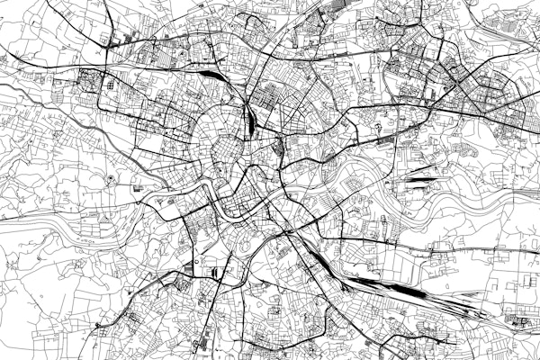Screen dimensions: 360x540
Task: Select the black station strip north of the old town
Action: pyautogui.click(x=251, y=117)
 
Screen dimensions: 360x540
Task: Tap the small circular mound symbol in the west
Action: pyautogui.click(x=111, y=178)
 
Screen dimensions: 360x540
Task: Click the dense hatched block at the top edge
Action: pyautogui.click(x=337, y=9)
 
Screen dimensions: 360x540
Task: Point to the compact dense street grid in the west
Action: pyautogui.click(x=94, y=81)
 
